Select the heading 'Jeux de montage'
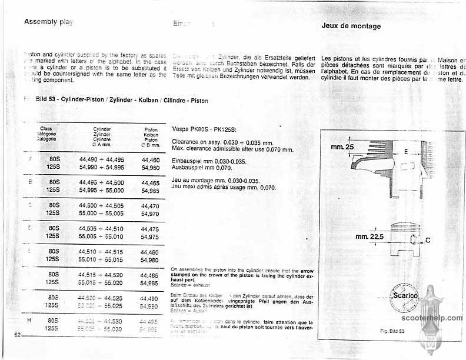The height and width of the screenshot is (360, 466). [351, 26]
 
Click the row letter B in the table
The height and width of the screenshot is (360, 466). [30, 182]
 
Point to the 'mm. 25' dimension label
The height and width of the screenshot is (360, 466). [342, 146]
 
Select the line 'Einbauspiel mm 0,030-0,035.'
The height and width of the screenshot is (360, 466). [208, 161]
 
